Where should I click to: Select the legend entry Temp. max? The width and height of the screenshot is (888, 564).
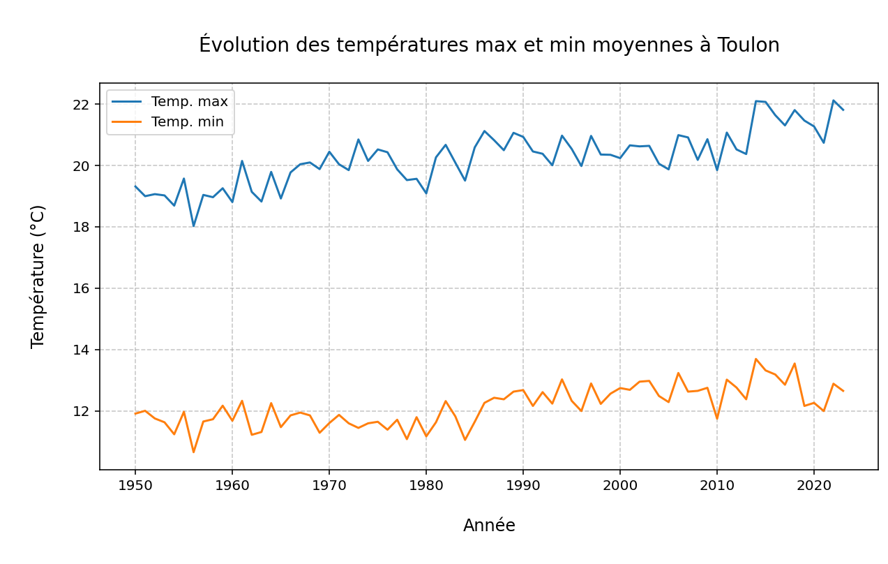pyautogui.click(x=189, y=102)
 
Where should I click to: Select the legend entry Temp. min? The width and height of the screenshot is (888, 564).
pyautogui.click(x=187, y=122)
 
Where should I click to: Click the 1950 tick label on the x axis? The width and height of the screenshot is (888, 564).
pyautogui.click(x=135, y=486)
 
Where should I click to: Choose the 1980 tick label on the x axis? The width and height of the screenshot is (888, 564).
pyautogui.click(x=426, y=486)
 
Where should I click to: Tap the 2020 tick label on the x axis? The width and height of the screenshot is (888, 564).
pyautogui.click(x=813, y=486)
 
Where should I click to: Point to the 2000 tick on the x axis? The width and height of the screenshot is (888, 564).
pyautogui.click(x=620, y=486)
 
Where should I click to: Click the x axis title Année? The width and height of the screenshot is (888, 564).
pyautogui.click(x=489, y=526)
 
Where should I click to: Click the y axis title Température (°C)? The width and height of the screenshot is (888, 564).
pyautogui.click(x=38, y=276)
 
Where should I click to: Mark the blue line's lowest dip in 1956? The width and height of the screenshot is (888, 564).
pyautogui.click(x=193, y=225)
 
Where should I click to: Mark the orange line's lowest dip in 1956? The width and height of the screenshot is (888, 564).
pyautogui.click(x=193, y=452)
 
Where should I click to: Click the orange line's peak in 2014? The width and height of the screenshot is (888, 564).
pyautogui.click(x=755, y=359)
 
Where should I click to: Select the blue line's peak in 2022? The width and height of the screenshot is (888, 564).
pyautogui.click(x=833, y=101)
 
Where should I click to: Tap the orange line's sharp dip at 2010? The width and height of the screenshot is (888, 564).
pyautogui.click(x=716, y=419)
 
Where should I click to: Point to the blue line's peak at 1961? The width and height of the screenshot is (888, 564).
pyautogui.click(x=242, y=161)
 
